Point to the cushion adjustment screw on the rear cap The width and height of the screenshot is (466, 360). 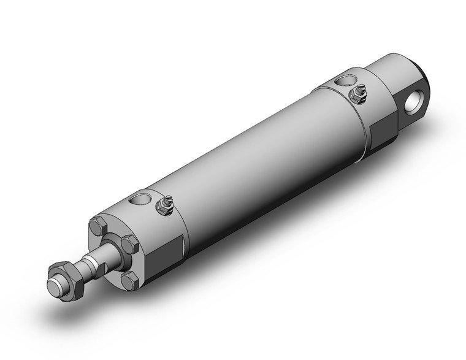point(356,93)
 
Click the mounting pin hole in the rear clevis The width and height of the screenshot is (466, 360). point(418,98)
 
